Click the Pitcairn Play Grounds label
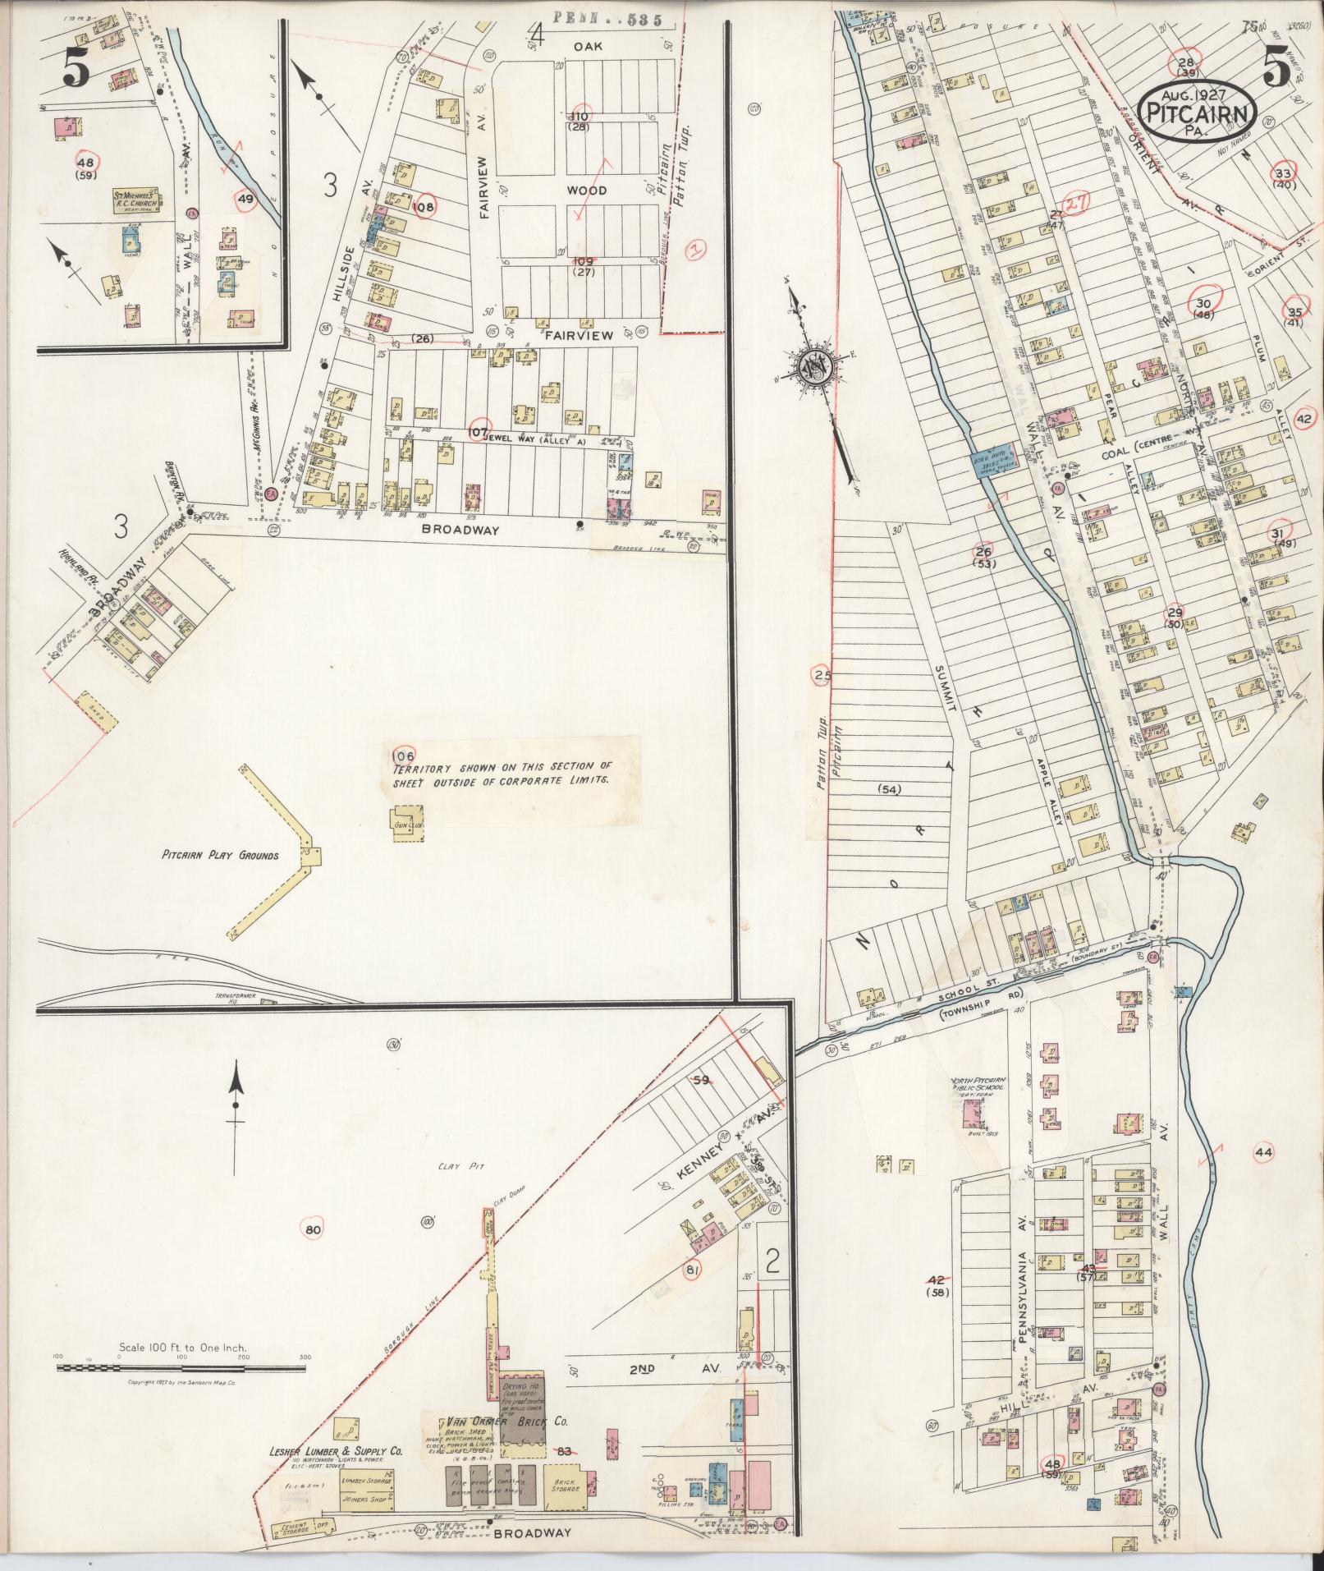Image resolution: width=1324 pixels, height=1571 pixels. (220, 855)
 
